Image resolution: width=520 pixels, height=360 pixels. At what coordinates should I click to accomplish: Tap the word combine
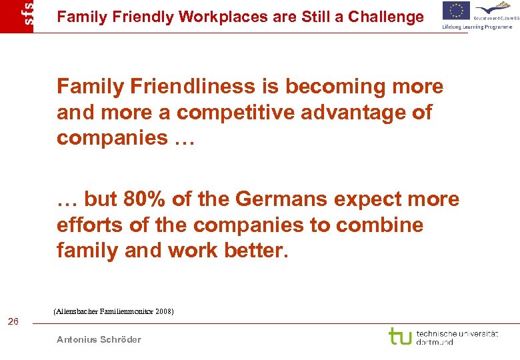point(379,225)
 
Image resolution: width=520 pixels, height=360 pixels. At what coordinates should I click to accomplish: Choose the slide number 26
point(13,323)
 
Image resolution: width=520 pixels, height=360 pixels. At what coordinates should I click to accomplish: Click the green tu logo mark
point(400,336)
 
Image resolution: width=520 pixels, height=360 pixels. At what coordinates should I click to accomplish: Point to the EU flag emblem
point(456,11)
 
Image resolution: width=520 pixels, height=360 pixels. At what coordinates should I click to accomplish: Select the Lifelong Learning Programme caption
point(477,27)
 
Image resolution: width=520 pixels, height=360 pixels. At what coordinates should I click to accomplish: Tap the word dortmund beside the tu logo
point(435,342)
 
